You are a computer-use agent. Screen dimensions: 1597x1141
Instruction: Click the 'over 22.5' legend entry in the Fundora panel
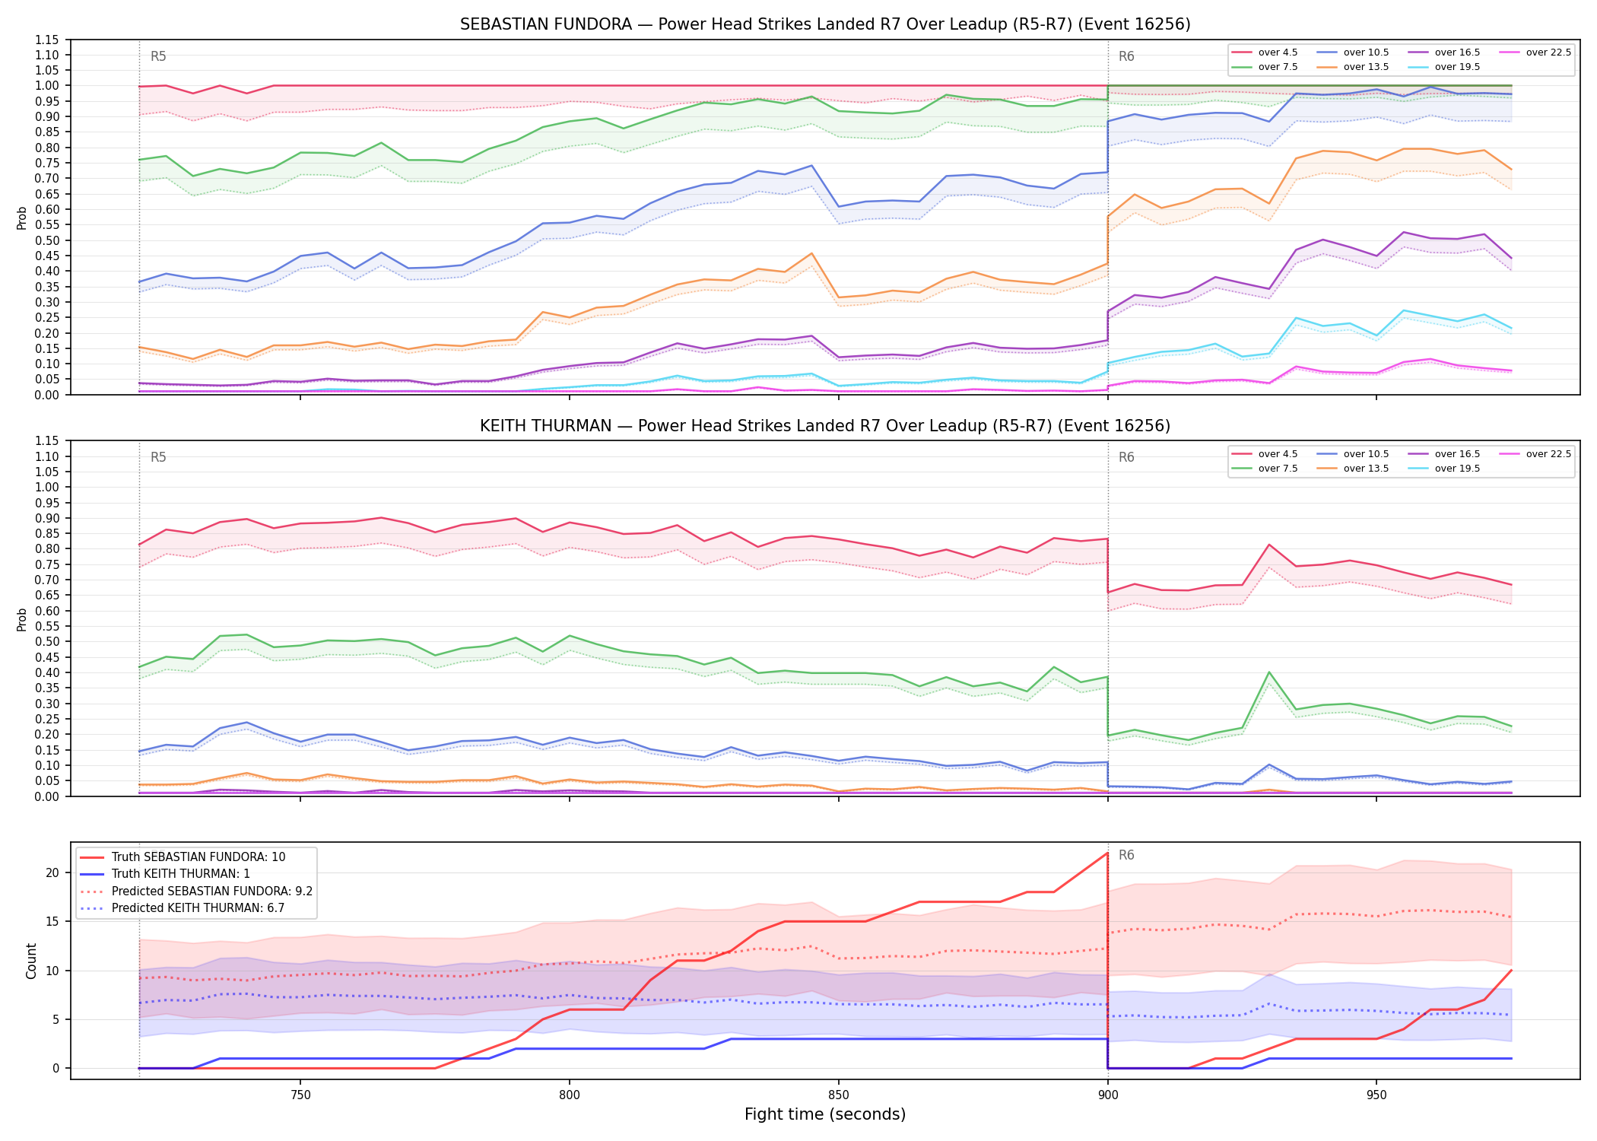1537,52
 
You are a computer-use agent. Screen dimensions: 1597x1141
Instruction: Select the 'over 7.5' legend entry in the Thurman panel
1265,469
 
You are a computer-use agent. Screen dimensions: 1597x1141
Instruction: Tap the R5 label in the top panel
158,56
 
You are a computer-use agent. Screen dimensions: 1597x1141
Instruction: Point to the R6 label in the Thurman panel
1126,457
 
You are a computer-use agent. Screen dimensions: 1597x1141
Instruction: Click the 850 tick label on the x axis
838,1095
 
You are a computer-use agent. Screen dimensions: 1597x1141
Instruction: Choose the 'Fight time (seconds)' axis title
825,1114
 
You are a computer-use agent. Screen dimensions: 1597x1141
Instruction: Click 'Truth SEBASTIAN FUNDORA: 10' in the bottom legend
198,857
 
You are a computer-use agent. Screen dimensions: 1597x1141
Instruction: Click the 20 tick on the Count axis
52,872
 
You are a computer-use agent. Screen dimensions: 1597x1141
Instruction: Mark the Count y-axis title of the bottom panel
31,961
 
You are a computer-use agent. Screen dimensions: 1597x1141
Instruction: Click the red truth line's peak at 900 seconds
1107,853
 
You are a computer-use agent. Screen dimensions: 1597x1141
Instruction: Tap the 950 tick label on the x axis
1376,1095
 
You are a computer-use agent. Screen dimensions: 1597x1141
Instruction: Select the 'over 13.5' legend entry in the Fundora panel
1356,67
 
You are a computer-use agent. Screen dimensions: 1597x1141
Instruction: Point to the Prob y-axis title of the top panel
22,218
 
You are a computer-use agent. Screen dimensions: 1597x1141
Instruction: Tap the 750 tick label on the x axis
300,1095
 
